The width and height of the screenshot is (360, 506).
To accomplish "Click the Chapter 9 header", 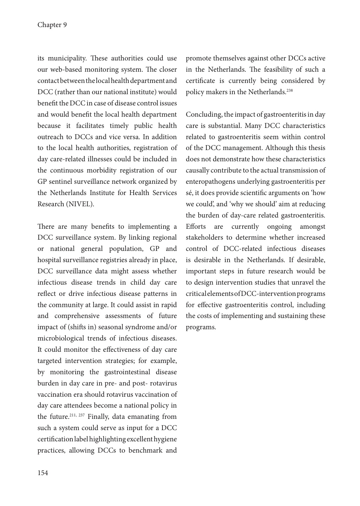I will [52, 25].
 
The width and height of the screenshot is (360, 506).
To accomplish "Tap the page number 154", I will [43, 473].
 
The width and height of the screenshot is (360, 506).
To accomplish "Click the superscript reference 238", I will [290, 91].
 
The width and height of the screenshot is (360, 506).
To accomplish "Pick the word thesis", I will [316, 148].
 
